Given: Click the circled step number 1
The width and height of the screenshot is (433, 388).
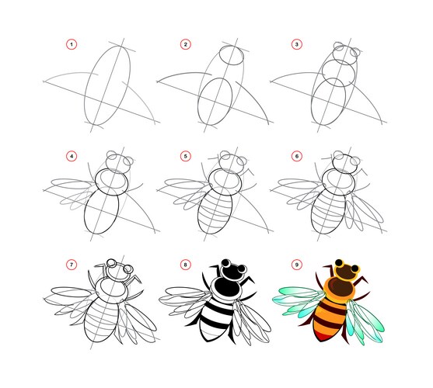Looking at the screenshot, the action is (72, 44).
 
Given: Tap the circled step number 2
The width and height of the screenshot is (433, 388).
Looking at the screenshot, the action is (186, 44).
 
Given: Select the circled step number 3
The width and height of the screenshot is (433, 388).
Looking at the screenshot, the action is (297, 44).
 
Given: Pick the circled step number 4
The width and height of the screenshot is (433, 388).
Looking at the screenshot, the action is (72, 156).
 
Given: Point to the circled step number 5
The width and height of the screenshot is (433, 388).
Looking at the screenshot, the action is (186, 156).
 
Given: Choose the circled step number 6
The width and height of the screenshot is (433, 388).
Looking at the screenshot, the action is (297, 156).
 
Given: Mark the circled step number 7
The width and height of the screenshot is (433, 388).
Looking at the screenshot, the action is (72, 265).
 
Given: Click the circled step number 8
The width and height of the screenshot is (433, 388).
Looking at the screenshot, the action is (186, 265).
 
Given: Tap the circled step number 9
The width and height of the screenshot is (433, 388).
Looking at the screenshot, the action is (297, 265).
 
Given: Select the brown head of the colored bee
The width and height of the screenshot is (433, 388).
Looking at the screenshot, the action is (346, 272).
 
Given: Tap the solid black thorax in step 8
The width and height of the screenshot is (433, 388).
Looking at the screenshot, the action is (227, 287).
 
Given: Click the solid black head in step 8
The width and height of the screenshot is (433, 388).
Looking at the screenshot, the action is (232, 272).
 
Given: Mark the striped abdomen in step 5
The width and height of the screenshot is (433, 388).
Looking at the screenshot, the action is (215, 213).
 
